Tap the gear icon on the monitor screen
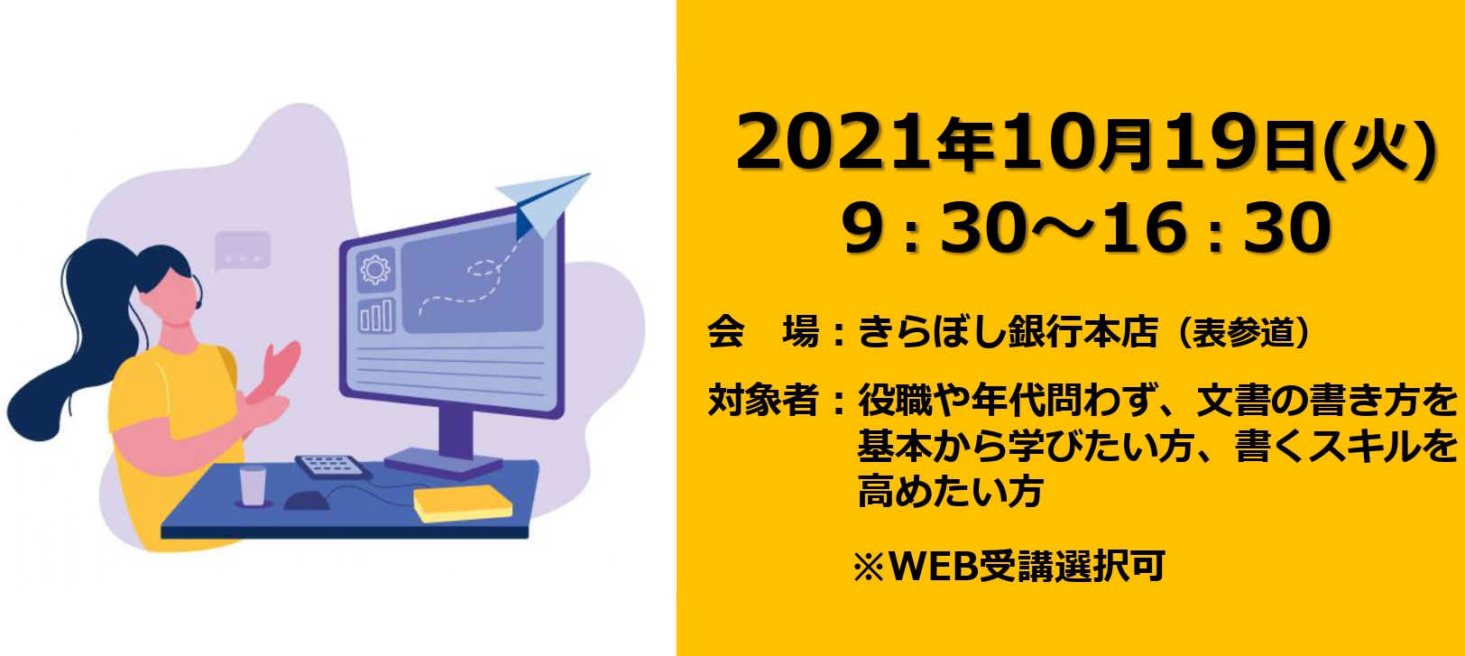click(375, 270)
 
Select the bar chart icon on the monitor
click(376, 316)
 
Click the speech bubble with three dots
click(242, 251)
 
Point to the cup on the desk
click(253, 485)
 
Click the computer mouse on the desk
click(306, 501)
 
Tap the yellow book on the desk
click(463, 504)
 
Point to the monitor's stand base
click(444, 463)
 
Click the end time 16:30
click(1216, 228)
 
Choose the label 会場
click(764, 331)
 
